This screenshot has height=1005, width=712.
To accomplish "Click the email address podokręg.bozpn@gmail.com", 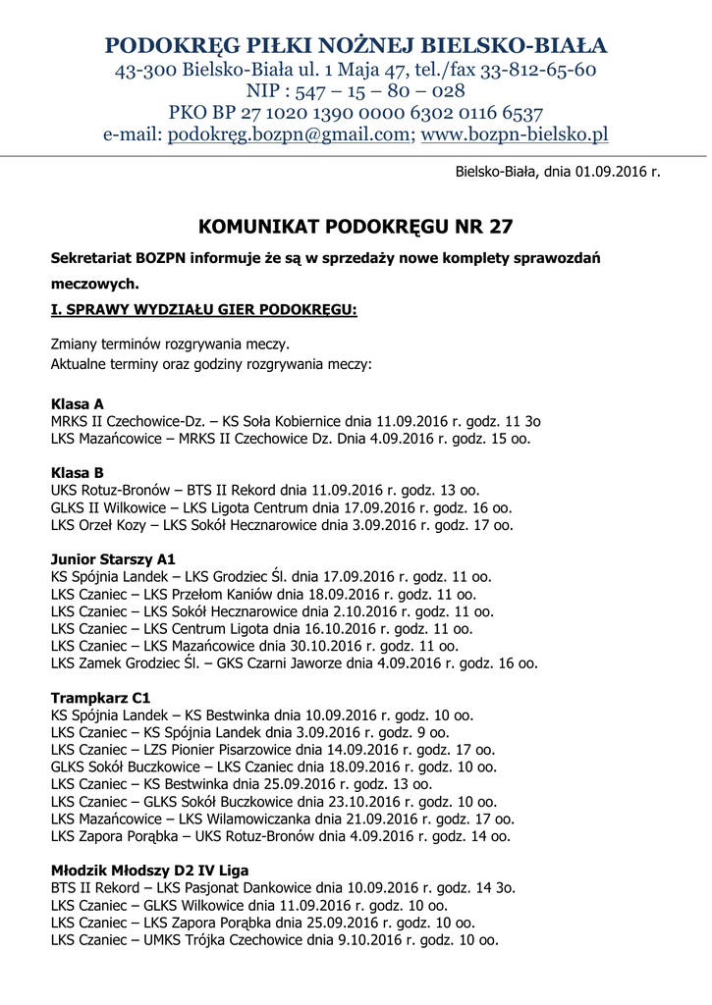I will pos(290,134).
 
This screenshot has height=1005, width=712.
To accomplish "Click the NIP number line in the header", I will pos(356,90).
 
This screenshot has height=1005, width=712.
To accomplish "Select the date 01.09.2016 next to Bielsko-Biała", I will pos(606,171).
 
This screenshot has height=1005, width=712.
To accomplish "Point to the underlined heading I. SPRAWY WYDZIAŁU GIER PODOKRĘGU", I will pos(204,310).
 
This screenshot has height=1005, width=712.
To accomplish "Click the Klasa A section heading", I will pos(78,403).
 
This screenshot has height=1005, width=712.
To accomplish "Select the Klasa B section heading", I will pos(78,473).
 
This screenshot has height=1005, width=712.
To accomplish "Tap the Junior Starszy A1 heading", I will pos(113,559).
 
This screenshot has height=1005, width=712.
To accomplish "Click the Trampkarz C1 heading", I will pos(100,698).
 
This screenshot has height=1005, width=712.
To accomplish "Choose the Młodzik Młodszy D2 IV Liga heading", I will pos(150,871).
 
